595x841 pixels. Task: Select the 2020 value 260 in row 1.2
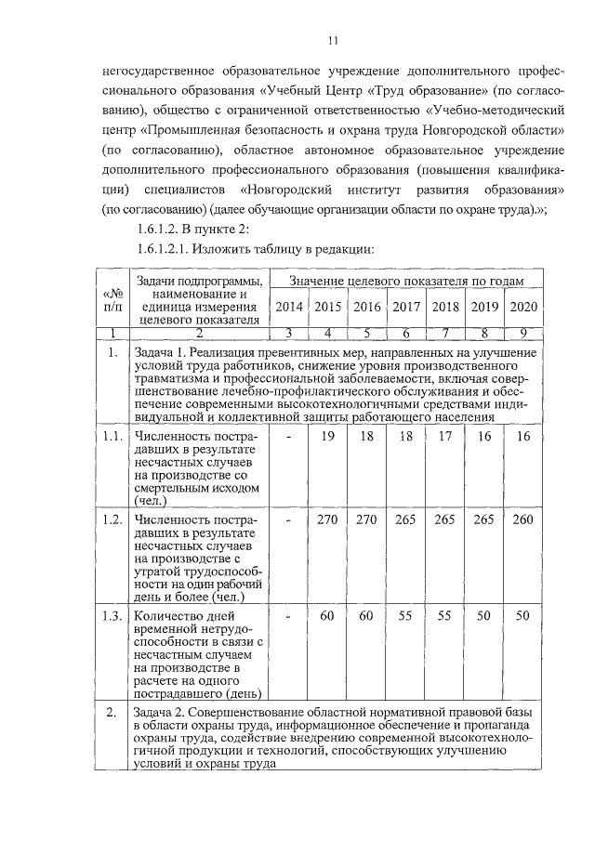(x=523, y=519)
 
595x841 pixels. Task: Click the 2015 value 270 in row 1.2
(x=327, y=519)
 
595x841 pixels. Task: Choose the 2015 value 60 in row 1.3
(x=327, y=615)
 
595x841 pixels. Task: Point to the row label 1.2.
(x=112, y=519)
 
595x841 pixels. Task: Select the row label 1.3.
(x=112, y=615)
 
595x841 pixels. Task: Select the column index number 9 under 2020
(x=523, y=332)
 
